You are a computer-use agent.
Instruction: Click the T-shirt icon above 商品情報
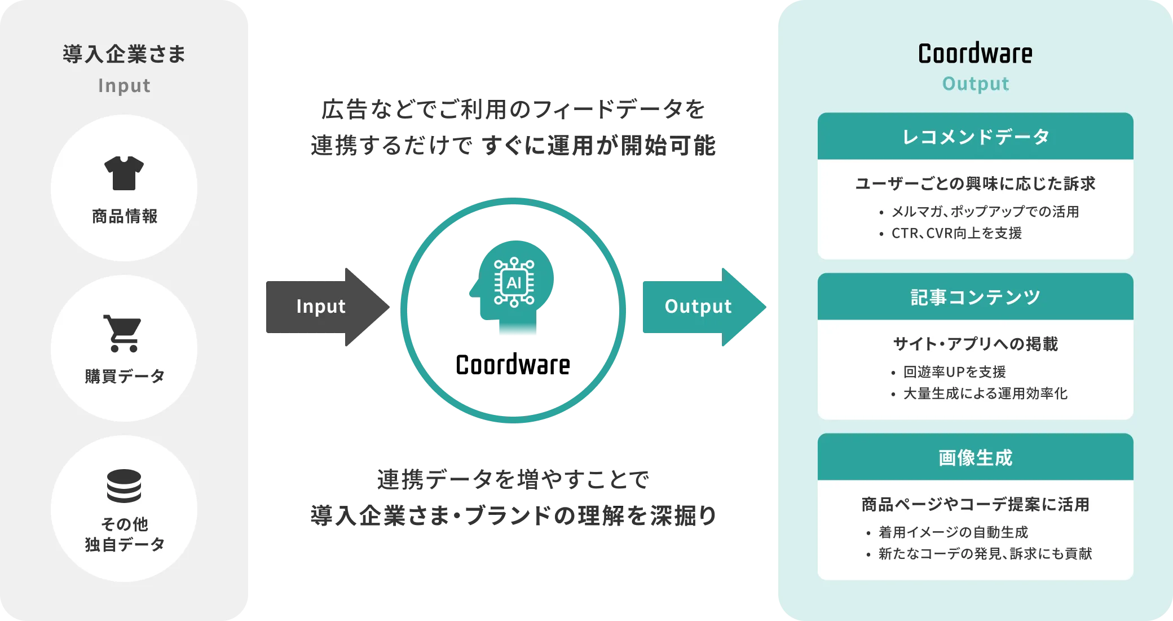tap(124, 173)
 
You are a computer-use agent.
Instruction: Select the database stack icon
tap(124, 486)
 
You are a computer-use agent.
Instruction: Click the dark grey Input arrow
tap(327, 307)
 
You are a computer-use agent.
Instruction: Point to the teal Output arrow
tap(702, 307)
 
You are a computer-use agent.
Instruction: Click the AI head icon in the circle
tap(513, 288)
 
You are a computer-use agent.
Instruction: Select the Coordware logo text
tap(975, 54)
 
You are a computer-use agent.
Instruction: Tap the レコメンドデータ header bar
tap(975, 137)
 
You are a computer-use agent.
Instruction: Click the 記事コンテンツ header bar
tap(975, 297)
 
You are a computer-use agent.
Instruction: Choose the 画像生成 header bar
tap(975, 457)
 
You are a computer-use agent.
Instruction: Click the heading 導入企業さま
tap(124, 54)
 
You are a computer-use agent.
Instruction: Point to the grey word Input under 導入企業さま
tap(124, 86)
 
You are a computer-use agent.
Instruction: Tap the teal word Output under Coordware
tap(975, 84)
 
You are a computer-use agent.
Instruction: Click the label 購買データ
tap(125, 376)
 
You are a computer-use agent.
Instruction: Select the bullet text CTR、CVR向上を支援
tap(956, 233)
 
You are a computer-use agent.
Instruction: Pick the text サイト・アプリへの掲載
tap(975, 344)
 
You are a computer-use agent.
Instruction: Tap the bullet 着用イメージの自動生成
tap(953, 532)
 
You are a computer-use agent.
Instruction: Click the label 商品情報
tap(125, 216)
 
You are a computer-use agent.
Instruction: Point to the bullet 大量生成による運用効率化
tap(985, 393)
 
